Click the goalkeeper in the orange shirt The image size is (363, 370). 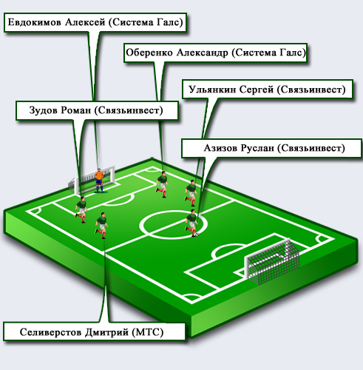click(99, 180)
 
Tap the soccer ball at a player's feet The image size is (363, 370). click(197, 235)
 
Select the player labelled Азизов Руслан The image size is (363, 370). click(191, 223)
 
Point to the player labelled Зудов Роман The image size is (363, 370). click(81, 209)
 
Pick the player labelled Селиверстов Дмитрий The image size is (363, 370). click(101, 225)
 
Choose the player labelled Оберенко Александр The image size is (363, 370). click(162, 184)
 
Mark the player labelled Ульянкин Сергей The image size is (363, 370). click(191, 193)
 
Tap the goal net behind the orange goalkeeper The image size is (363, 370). click(92, 180)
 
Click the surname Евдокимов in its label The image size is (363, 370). click(35, 22)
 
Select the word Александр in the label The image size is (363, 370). click(203, 53)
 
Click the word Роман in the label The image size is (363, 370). click(75, 110)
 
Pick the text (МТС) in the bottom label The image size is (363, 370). click(148, 332)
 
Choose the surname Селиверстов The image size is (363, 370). click(51, 332)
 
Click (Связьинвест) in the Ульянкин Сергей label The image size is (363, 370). click(311, 90)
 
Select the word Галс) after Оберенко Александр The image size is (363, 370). click(293, 53)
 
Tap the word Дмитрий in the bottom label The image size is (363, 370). click(106, 332)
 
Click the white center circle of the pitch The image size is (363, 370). click(173, 238)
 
